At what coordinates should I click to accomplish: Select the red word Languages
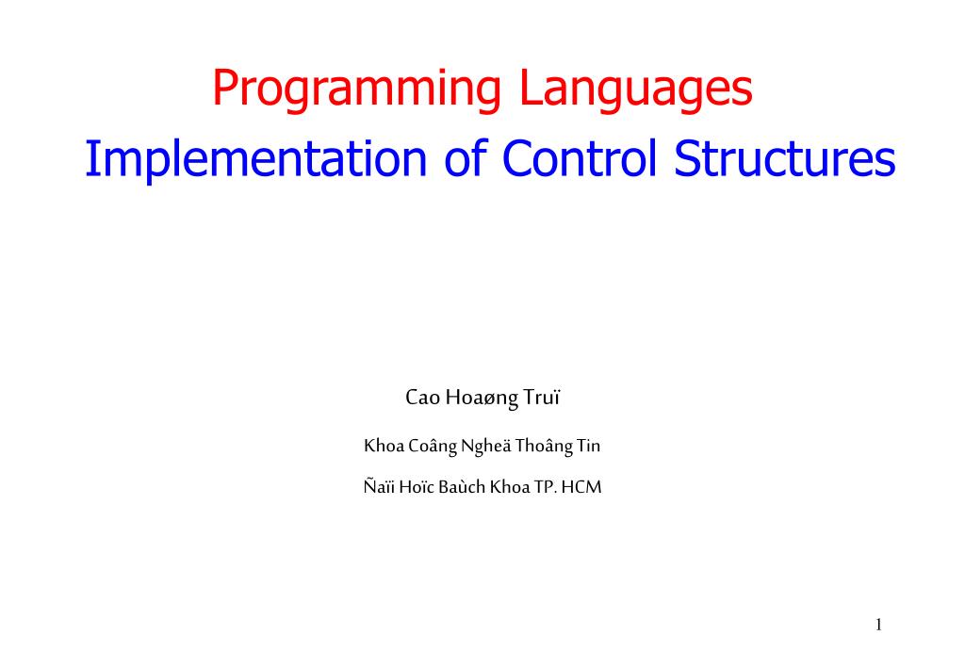point(638,90)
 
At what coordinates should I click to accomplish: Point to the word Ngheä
point(485,448)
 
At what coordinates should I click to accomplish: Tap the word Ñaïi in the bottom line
point(378,488)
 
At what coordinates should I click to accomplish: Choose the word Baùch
point(465,488)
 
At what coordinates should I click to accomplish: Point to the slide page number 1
point(877,625)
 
